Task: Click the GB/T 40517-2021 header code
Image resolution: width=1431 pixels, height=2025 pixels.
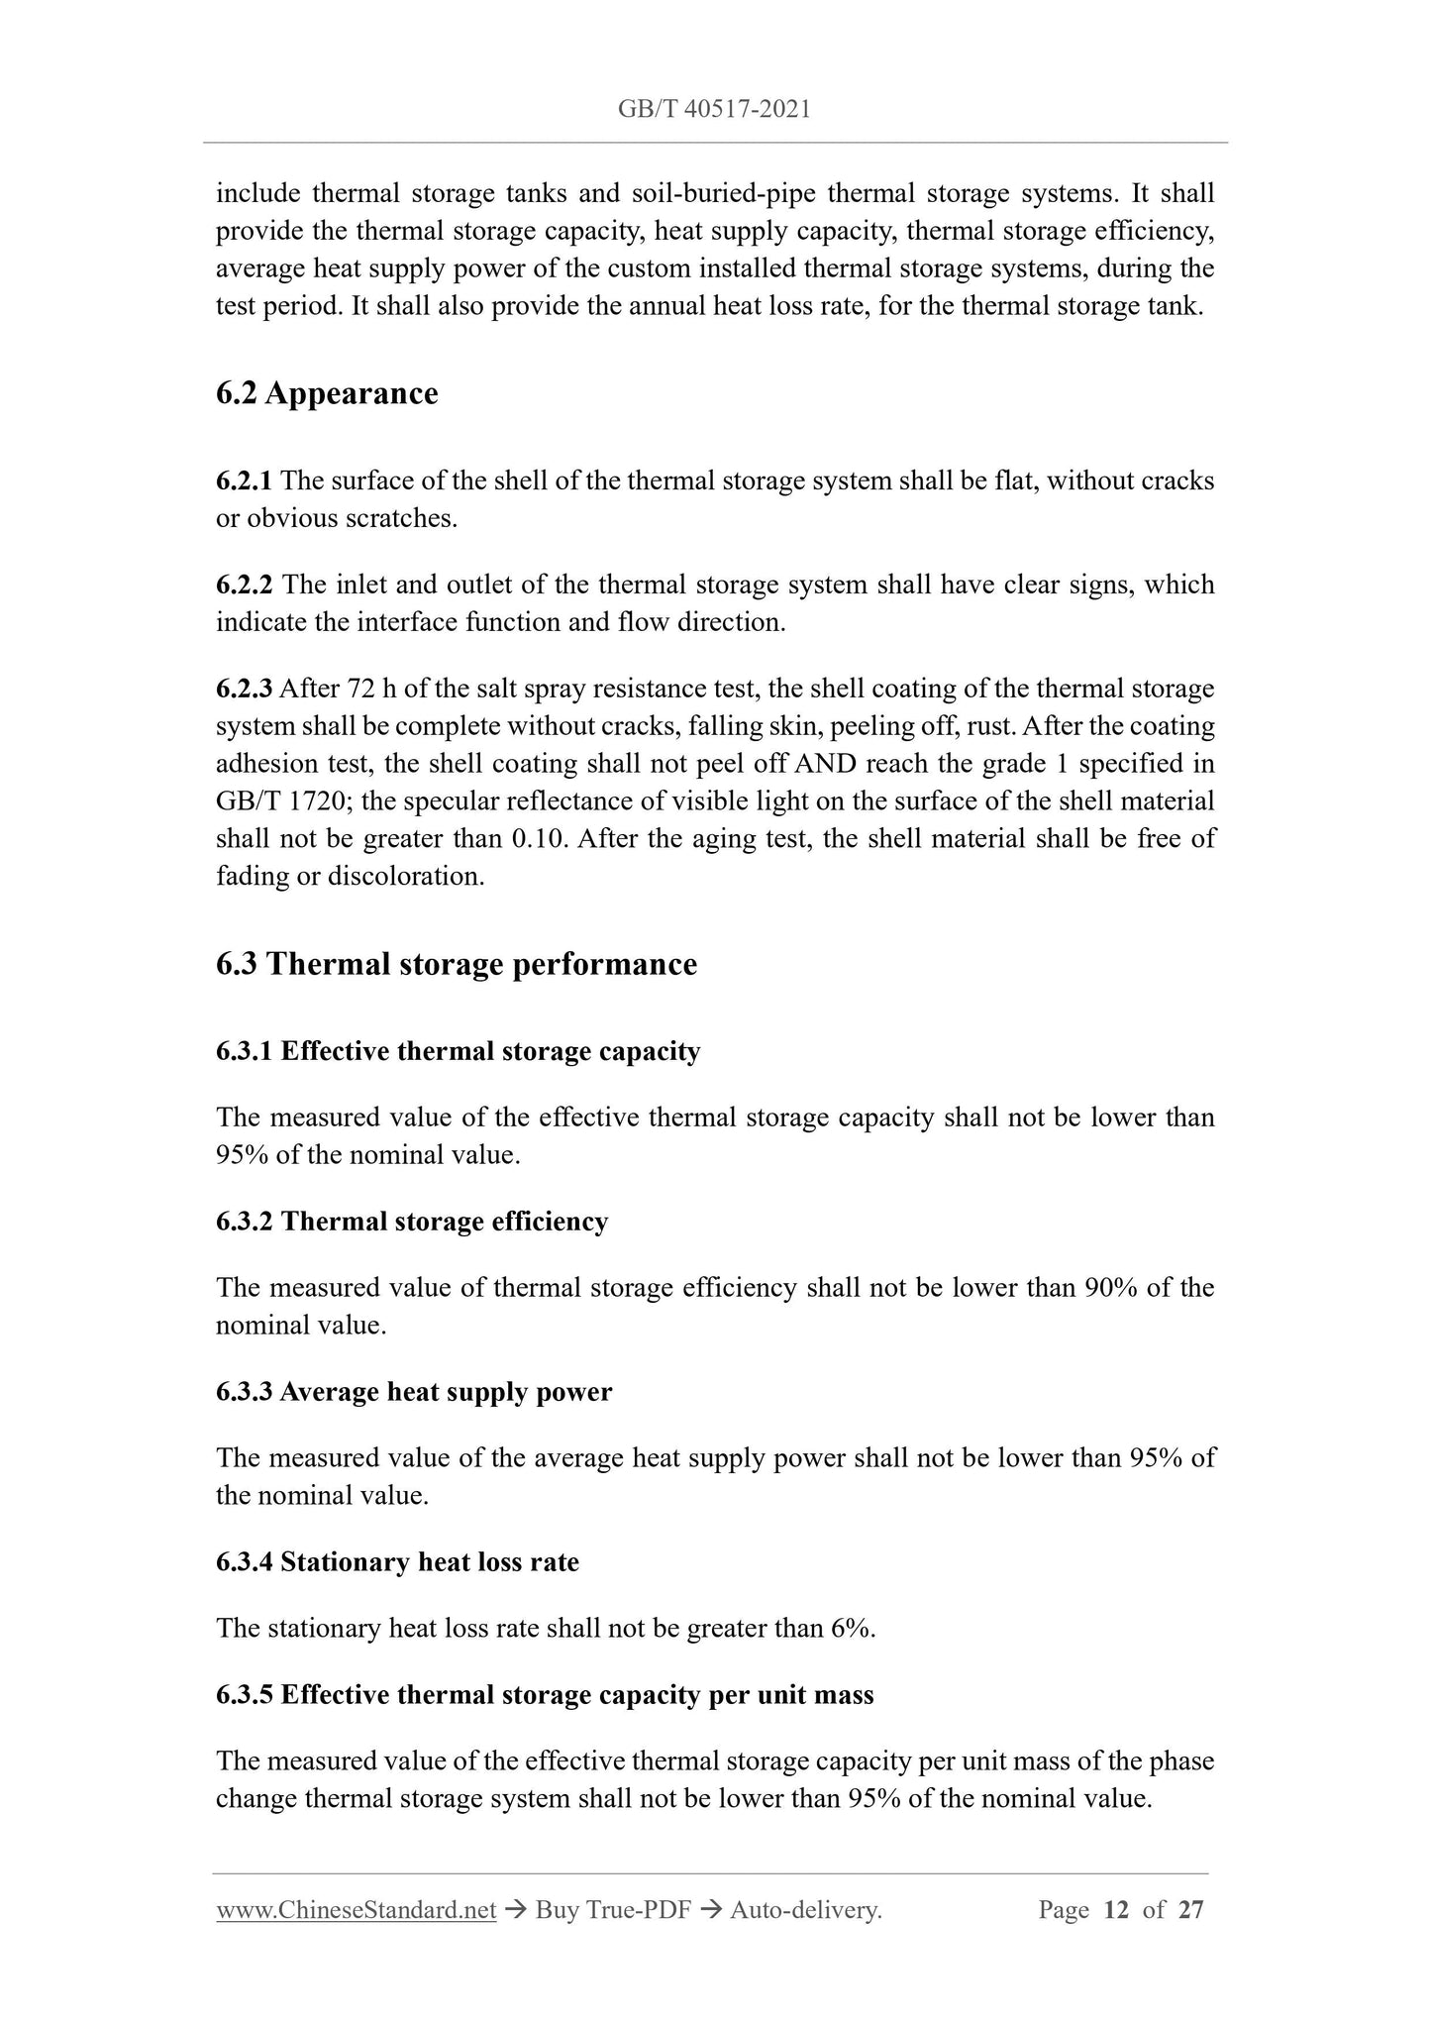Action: coord(714,109)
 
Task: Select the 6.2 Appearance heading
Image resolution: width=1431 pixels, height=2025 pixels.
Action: coord(327,393)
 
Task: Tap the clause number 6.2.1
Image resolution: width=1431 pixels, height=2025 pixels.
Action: coord(244,480)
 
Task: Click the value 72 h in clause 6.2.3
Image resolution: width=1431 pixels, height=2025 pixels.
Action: coord(363,689)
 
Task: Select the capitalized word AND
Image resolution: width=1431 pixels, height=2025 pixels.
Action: coord(825,764)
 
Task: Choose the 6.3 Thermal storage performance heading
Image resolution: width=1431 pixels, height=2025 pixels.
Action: coord(457,964)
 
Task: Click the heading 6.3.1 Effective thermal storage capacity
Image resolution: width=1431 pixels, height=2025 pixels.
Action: coord(458,1051)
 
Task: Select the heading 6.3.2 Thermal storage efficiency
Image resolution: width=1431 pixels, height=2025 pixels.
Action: coord(412,1222)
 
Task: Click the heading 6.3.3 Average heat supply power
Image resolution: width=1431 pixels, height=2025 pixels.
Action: coord(414,1392)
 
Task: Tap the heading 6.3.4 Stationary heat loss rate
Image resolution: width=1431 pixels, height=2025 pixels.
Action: coord(397,1562)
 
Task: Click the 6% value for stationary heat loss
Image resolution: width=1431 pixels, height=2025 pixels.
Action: coord(853,1629)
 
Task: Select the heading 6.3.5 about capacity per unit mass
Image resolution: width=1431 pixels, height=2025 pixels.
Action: coord(545,1695)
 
